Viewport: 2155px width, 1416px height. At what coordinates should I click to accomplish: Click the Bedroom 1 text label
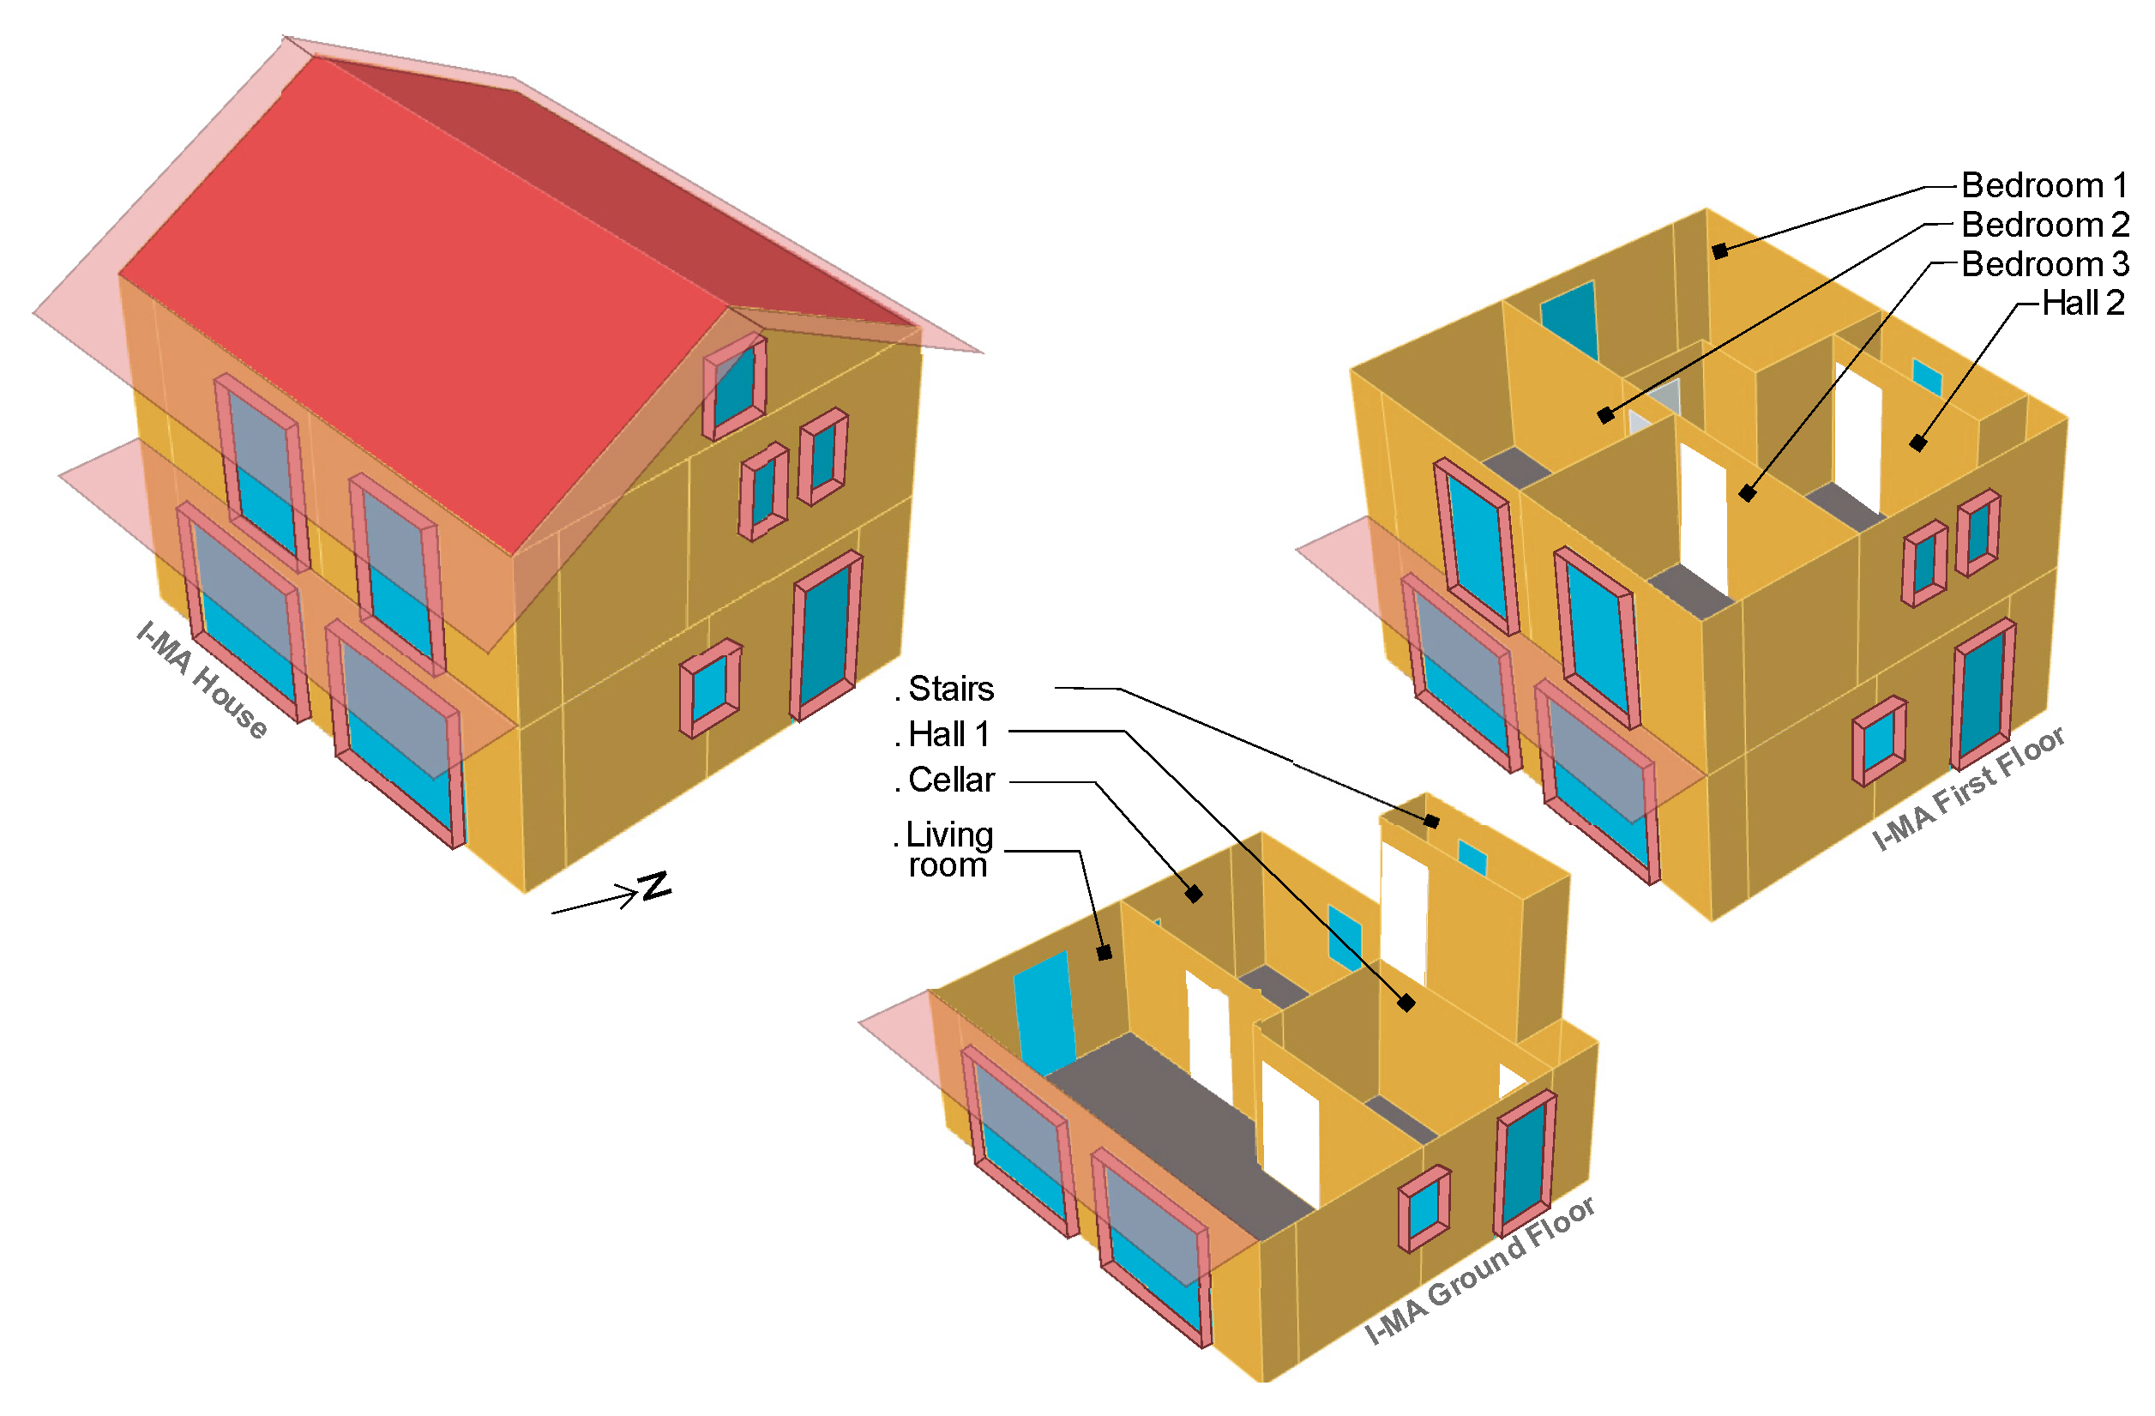point(2044,185)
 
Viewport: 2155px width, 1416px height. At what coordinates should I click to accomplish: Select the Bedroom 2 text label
point(2044,225)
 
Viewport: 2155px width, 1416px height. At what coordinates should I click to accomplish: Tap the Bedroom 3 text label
point(2044,264)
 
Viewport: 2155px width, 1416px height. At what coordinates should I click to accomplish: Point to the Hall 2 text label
point(2083,304)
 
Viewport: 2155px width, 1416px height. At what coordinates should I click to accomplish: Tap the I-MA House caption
point(202,680)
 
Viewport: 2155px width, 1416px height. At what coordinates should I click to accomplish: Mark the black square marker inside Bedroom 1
point(1720,250)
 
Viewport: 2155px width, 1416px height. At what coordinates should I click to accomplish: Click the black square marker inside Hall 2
point(1917,443)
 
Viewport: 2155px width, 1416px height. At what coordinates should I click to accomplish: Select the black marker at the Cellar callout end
point(1195,894)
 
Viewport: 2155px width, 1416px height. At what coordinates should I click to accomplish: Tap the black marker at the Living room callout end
point(1104,953)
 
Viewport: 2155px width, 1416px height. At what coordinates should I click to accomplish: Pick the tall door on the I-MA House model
point(827,635)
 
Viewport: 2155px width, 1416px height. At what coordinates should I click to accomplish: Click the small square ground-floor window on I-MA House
point(710,689)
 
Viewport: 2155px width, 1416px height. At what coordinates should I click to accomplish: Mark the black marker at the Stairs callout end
point(1431,821)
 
